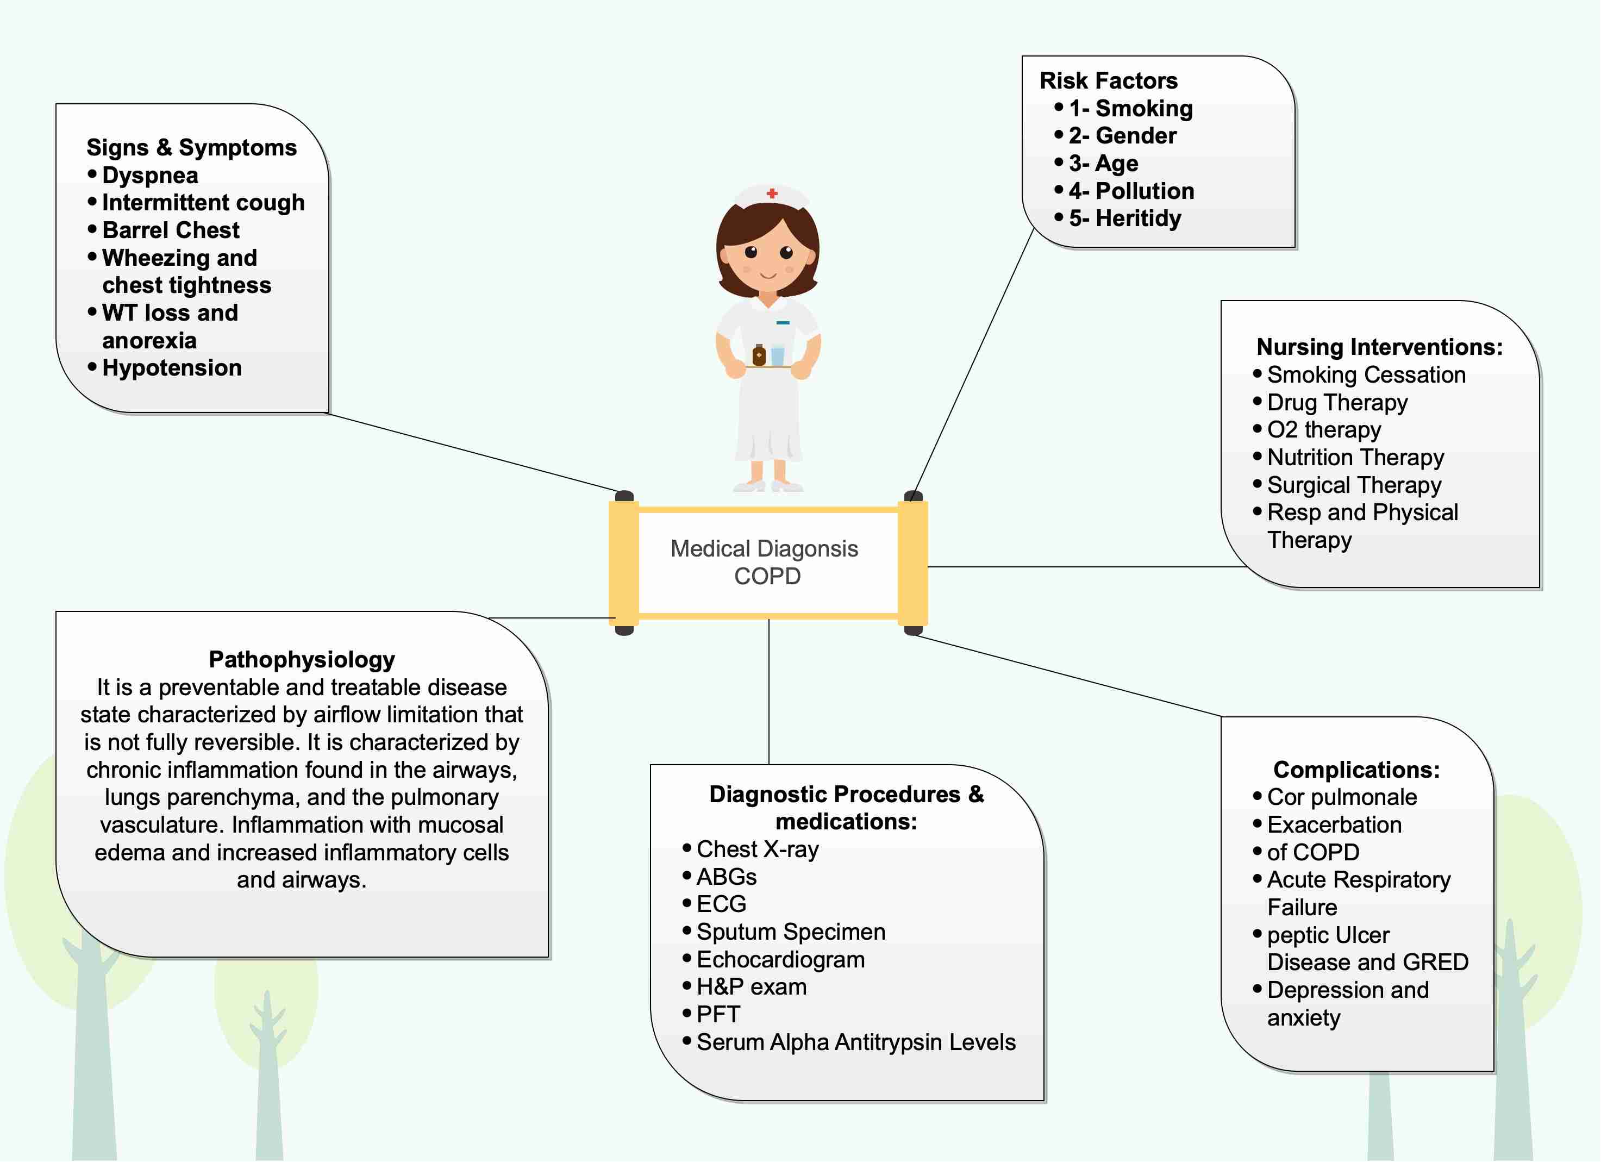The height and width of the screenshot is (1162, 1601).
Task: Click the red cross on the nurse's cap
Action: pyautogui.click(x=772, y=193)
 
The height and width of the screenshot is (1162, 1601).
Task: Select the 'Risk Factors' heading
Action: pyautogui.click(x=1108, y=81)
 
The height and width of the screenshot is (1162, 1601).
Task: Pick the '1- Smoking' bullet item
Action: pyautogui.click(x=1130, y=109)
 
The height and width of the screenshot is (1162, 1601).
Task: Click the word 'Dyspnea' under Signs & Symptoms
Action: pyautogui.click(x=149, y=175)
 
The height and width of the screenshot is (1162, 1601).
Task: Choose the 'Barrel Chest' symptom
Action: pyautogui.click(x=171, y=230)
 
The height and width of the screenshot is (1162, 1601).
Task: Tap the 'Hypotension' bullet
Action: pyautogui.click(x=172, y=368)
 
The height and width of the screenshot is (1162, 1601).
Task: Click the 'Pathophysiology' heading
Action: pyautogui.click(x=302, y=659)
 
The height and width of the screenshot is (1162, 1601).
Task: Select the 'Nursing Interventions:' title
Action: pyautogui.click(x=1379, y=347)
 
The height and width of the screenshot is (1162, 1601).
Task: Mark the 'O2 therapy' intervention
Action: pyautogui.click(x=1324, y=430)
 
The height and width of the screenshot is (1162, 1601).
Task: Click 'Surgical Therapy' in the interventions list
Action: pyautogui.click(x=1353, y=485)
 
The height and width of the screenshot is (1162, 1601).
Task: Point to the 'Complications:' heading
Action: pyautogui.click(x=1356, y=770)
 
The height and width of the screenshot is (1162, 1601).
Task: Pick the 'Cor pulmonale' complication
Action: pyautogui.click(x=1341, y=797)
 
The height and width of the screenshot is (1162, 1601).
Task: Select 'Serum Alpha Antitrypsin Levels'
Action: pyautogui.click(x=855, y=1042)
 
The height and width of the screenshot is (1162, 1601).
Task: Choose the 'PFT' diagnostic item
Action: pyautogui.click(x=718, y=1015)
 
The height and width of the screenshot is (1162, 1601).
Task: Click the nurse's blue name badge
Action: pyautogui.click(x=783, y=323)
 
